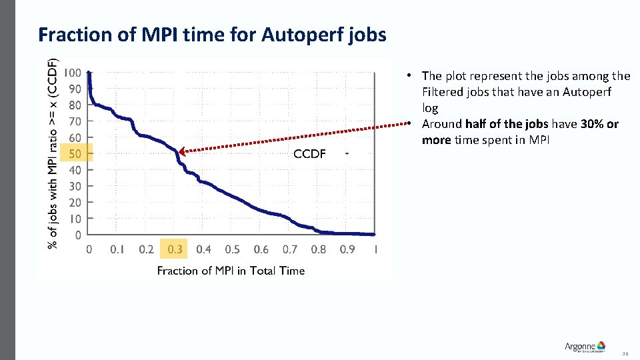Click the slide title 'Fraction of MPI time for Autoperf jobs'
click(212, 34)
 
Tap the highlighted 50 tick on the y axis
click(75, 154)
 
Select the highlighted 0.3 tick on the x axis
click(175, 249)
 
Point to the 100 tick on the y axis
click(73, 73)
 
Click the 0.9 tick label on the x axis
click(347, 249)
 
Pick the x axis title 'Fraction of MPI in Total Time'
click(231, 270)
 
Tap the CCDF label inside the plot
click(309, 154)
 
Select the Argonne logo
click(585, 347)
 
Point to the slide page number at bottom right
click(625, 354)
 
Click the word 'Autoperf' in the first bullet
click(587, 92)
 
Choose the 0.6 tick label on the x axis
click(261, 249)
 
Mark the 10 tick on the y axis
click(76, 219)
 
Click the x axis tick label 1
click(376, 249)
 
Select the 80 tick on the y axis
click(75, 105)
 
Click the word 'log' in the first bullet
click(430, 108)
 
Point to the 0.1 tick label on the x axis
click(117, 249)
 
